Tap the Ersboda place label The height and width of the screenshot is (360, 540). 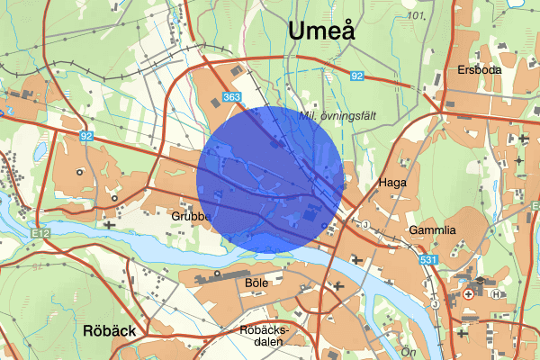(x=479, y=69)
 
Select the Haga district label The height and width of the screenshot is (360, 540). (x=392, y=182)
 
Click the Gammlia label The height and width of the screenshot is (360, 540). (x=433, y=230)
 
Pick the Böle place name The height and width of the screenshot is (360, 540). (x=256, y=282)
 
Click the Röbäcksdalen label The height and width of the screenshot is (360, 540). (x=263, y=335)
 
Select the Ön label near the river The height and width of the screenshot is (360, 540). (x=407, y=351)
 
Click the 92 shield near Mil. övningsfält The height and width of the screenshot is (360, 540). (x=357, y=76)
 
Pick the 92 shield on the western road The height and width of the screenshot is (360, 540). (x=85, y=136)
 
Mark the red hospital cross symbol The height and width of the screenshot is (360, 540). (x=469, y=293)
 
